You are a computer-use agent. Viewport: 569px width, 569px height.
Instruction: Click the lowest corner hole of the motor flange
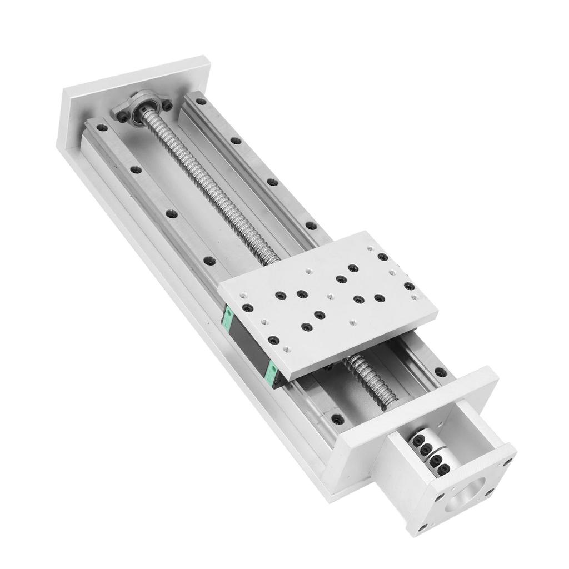pyautogui.click(x=424, y=526)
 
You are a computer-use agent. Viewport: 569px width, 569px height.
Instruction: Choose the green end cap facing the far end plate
pyautogui.click(x=227, y=317)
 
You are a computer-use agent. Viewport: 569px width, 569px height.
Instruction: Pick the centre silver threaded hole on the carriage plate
pyautogui.click(x=330, y=296)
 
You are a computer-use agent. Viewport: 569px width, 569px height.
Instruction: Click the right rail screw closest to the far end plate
pyautogui.click(x=201, y=102)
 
